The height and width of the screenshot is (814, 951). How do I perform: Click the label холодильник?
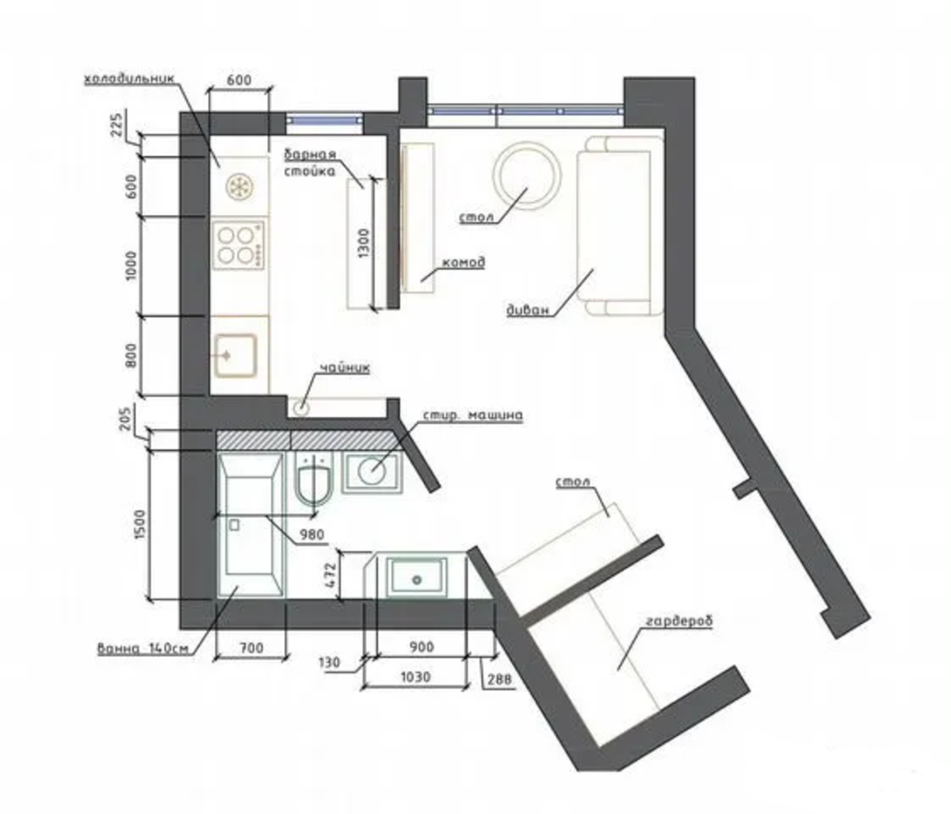(129, 78)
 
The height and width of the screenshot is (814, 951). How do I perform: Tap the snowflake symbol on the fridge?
(239, 187)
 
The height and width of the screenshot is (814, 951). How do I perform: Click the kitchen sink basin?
(235, 356)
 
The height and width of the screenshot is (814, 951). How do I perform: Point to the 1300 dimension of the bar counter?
(364, 243)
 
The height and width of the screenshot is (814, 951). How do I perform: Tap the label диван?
(528, 310)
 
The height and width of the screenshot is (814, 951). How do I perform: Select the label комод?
(464, 262)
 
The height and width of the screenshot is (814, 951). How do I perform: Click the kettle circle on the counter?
(302, 407)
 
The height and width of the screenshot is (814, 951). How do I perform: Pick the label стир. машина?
(472, 415)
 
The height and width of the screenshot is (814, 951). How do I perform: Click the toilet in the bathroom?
(315, 479)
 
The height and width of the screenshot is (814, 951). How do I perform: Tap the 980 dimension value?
(312, 535)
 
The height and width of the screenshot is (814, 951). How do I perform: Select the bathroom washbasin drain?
(417, 579)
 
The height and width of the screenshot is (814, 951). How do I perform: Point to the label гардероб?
(679, 621)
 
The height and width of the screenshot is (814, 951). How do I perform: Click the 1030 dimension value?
(415, 678)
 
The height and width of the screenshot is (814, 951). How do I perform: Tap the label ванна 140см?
(143, 649)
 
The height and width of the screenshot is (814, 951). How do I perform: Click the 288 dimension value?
(499, 679)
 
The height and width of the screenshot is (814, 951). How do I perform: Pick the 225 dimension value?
(118, 124)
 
